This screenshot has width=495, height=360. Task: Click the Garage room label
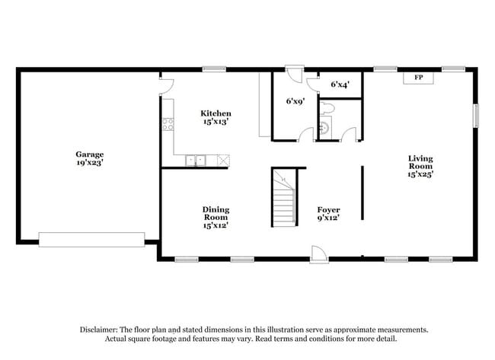tap(90, 154)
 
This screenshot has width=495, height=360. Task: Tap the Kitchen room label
tap(216, 113)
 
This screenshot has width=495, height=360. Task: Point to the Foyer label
tap(328, 209)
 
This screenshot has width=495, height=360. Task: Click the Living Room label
tap(420, 162)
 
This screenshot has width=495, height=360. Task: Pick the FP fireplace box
tap(418, 78)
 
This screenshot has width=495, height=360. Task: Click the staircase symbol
tap(283, 197)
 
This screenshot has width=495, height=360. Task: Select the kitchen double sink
tap(197, 160)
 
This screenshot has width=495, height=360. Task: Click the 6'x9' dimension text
tap(295, 100)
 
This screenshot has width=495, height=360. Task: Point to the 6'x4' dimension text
tap(340, 84)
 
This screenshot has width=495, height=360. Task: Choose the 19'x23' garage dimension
tap(90, 162)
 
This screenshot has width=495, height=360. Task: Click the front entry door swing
tap(320, 254)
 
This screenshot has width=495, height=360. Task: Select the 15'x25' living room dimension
tap(420, 174)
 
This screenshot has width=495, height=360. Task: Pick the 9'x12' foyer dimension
tap(328, 218)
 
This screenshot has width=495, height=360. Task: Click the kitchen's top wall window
tap(214, 70)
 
